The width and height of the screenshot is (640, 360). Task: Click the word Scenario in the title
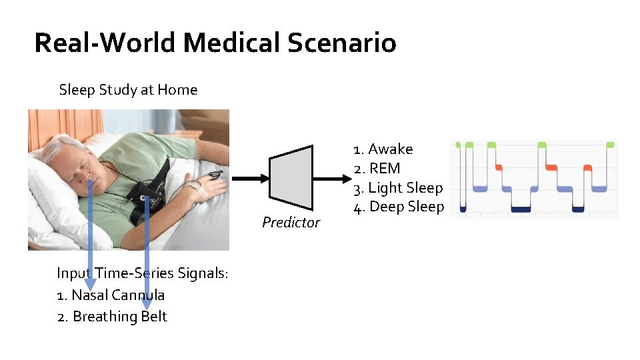click(342, 43)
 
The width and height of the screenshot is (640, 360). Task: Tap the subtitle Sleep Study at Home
click(128, 89)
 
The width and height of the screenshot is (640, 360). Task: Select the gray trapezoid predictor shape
click(291, 177)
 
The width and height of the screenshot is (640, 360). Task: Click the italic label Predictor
click(291, 223)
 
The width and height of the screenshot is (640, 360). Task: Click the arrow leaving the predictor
click(331, 178)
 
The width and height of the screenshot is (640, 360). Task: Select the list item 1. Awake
click(383, 149)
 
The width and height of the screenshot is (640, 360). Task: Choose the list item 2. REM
click(377, 169)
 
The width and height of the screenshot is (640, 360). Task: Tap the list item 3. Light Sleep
click(398, 188)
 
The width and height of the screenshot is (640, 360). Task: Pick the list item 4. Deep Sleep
click(399, 207)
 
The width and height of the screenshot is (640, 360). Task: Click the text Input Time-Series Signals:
click(143, 273)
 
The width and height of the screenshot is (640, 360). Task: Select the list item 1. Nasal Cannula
click(111, 295)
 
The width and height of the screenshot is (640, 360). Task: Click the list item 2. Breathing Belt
click(112, 316)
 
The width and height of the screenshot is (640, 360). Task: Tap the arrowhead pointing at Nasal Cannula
click(90, 284)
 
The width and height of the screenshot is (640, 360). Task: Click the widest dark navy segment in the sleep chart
click(520, 209)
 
